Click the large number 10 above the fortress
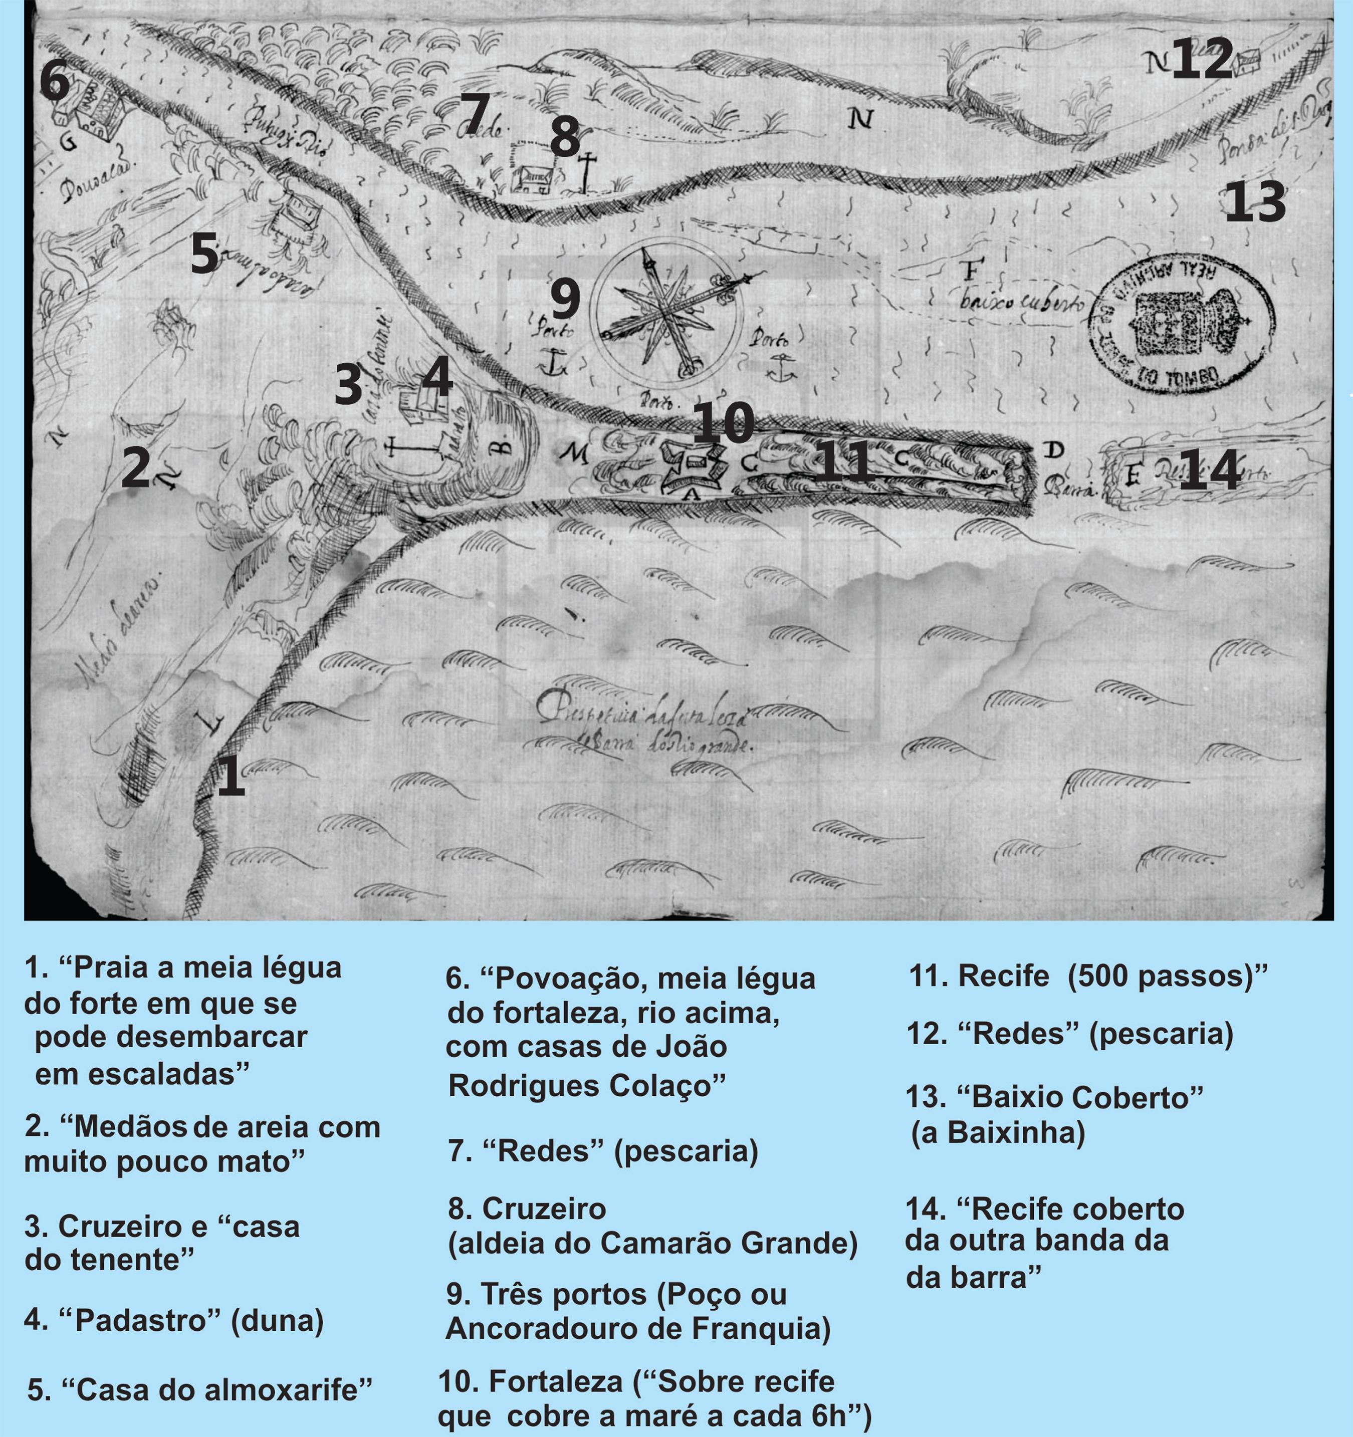coord(724,423)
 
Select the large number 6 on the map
coord(54,81)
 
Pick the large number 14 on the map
coord(1209,470)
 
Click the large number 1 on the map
coord(231,776)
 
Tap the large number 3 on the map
coord(348,384)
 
